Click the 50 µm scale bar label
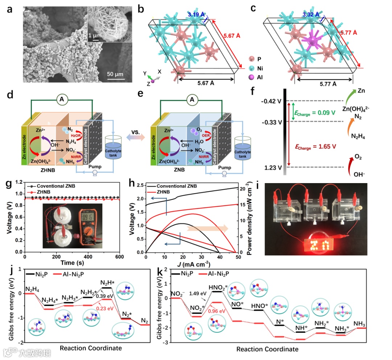coord(116,74)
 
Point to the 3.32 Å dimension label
coord(311,15)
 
